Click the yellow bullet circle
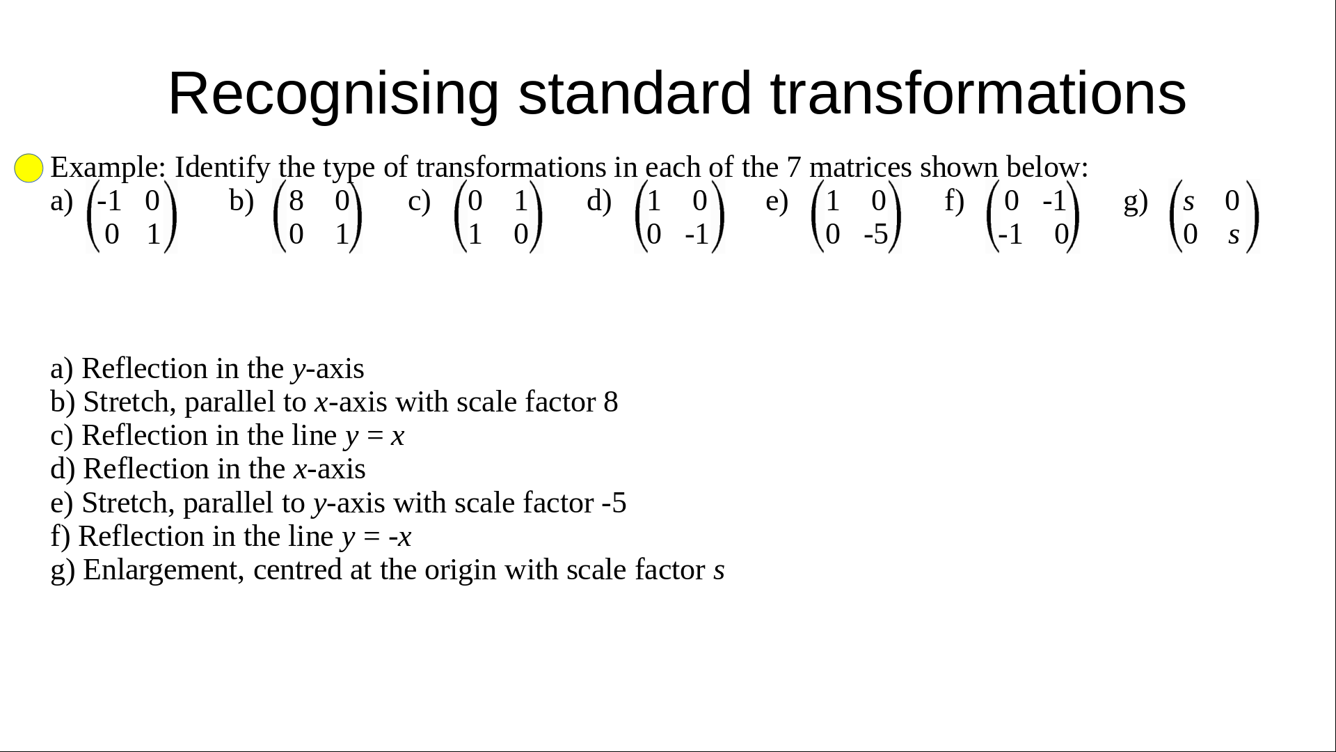29,169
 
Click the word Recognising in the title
333,94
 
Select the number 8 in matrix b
296,201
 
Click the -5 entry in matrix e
876,235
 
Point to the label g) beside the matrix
1136,202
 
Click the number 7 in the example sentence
794,168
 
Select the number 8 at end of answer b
611,402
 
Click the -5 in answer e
614,503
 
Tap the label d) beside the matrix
599,201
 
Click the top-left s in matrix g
1188,202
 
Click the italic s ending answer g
719,572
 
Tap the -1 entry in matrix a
109,201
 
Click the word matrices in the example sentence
860,168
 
